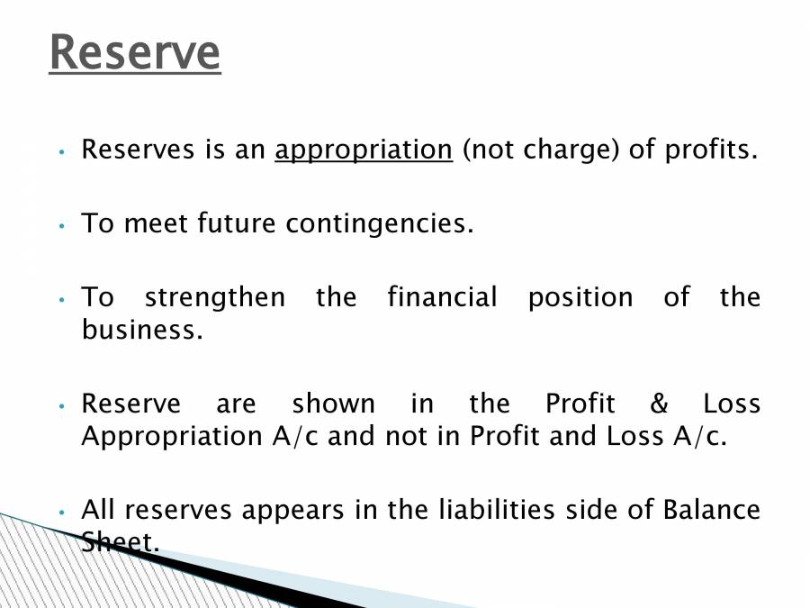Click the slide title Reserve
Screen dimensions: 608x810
click(134, 52)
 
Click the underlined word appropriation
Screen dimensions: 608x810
click(364, 150)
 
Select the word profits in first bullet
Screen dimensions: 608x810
click(711, 150)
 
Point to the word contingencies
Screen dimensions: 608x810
click(379, 223)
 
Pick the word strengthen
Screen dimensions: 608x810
click(214, 297)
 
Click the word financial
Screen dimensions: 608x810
click(442, 297)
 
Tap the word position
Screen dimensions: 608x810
click(580, 297)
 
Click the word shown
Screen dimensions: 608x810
click(333, 404)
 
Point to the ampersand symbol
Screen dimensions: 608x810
click(661, 404)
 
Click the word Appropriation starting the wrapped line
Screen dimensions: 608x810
click(171, 436)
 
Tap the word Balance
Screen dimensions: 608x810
click(711, 510)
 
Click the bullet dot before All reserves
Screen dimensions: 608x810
click(61, 512)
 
